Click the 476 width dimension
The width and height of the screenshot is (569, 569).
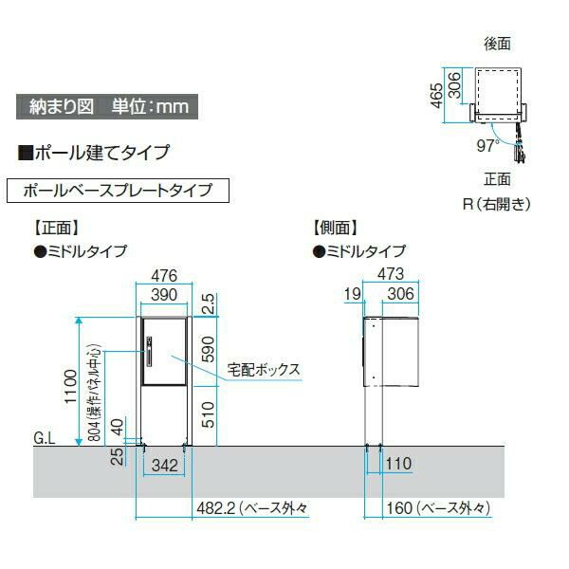[x=164, y=276]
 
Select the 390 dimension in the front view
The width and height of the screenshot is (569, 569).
[x=164, y=295]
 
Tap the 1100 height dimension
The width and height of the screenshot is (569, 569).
[x=70, y=386]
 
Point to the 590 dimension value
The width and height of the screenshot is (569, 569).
[x=208, y=349]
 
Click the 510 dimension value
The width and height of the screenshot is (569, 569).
[x=208, y=414]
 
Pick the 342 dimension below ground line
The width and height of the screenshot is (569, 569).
[x=165, y=466]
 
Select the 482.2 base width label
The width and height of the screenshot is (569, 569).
[x=252, y=508]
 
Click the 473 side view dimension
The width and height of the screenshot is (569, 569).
[x=391, y=274]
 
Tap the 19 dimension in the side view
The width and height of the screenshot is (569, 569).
[x=353, y=294]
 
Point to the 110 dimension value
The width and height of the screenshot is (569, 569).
[x=398, y=464]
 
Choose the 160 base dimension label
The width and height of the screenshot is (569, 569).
[x=438, y=508]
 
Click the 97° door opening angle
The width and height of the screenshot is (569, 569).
[x=487, y=146]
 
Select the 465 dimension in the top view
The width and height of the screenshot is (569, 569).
[x=436, y=96]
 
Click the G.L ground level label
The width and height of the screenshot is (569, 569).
[x=45, y=438]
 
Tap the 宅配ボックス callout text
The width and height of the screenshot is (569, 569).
[x=264, y=370]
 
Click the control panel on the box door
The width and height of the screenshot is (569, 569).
[x=149, y=352]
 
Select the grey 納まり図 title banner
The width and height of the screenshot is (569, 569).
[x=107, y=106]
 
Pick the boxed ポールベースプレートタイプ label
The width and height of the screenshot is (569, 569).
[x=118, y=191]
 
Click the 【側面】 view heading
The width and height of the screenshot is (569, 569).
[x=336, y=228]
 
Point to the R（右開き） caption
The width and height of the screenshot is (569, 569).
[x=496, y=204]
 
